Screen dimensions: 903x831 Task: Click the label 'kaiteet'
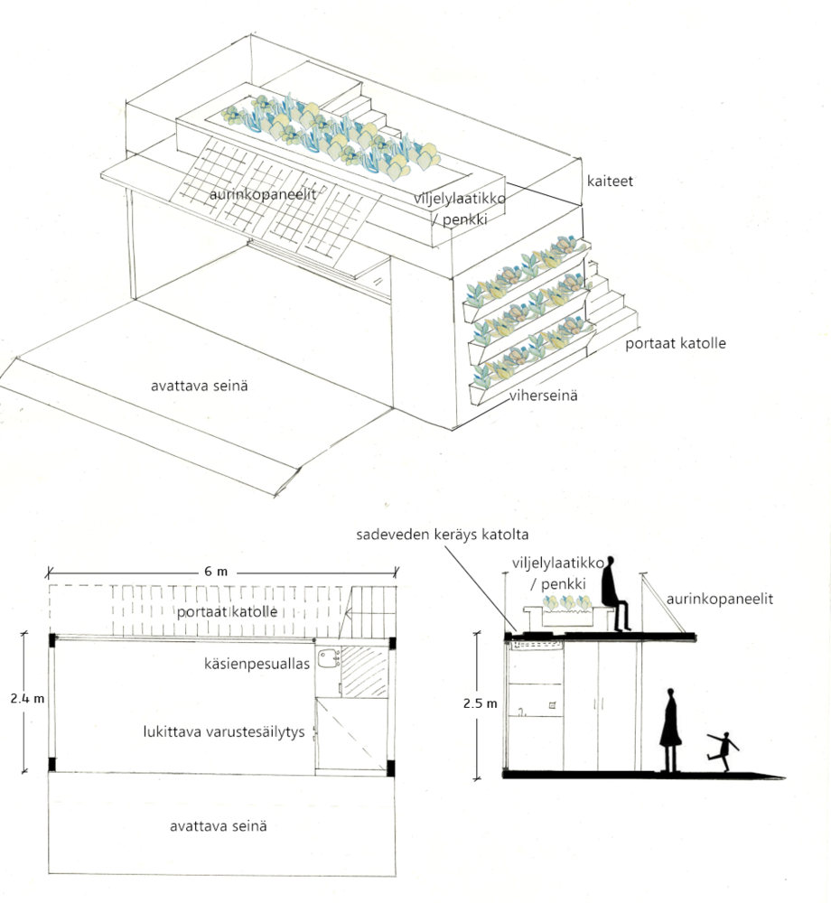(x=608, y=182)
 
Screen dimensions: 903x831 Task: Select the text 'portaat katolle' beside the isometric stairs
(x=675, y=343)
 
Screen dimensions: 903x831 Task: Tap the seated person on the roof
(x=613, y=593)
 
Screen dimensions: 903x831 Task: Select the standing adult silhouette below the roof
(x=669, y=730)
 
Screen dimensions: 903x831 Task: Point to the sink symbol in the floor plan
(x=327, y=656)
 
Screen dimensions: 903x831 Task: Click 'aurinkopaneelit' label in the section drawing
(x=719, y=598)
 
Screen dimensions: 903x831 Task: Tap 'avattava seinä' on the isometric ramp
(x=200, y=386)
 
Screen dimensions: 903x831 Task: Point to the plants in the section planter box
(x=565, y=603)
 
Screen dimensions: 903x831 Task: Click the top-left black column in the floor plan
(x=52, y=640)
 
